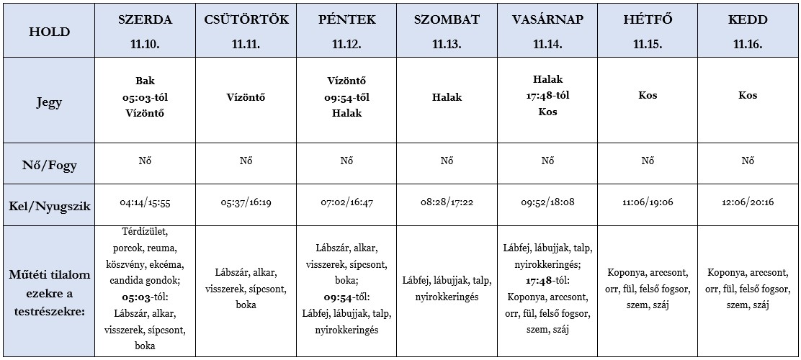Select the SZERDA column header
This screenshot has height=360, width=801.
pyautogui.click(x=145, y=19)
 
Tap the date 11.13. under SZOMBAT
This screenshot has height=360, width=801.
pyautogui.click(x=447, y=44)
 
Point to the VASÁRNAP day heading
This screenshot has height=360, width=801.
pyautogui.click(x=547, y=19)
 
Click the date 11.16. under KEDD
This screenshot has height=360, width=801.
pyautogui.click(x=748, y=44)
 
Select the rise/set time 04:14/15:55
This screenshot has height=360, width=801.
pyautogui.click(x=145, y=204)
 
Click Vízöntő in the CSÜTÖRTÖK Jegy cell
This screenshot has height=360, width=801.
pyautogui.click(x=246, y=96)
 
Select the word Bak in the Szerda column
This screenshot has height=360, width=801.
pyautogui.click(x=145, y=80)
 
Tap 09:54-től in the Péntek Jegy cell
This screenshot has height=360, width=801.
pyautogui.click(x=346, y=96)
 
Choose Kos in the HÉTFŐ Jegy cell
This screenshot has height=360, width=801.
pyautogui.click(x=648, y=95)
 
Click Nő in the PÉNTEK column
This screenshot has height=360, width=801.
pyautogui.click(x=346, y=161)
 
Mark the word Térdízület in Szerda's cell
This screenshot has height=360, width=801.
pyautogui.click(x=145, y=231)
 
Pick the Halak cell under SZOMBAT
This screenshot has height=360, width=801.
pyautogui.click(x=447, y=96)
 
